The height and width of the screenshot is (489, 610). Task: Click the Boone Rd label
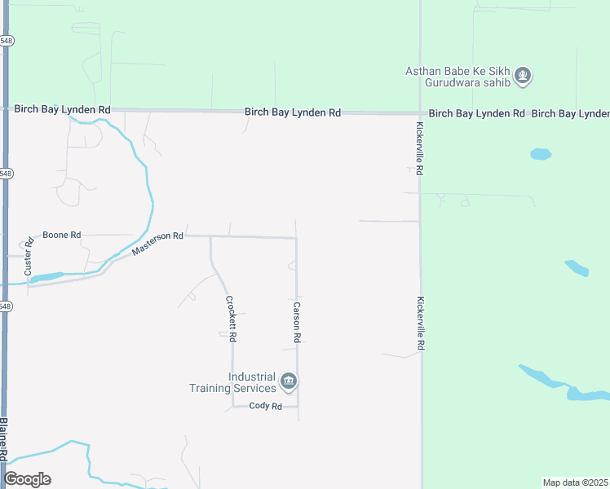click(62, 235)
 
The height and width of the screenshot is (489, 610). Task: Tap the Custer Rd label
click(28, 254)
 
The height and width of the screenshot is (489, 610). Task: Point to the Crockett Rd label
click(231, 318)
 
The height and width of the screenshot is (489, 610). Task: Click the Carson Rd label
click(298, 322)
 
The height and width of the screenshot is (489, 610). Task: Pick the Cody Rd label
click(265, 406)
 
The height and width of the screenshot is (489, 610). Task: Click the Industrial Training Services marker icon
click(289, 381)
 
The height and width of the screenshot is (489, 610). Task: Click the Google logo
click(27, 478)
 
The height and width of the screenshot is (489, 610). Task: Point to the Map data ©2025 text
click(576, 482)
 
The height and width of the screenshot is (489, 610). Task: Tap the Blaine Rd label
click(4, 440)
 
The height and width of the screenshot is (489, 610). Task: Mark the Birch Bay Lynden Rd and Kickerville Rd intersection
click(420, 112)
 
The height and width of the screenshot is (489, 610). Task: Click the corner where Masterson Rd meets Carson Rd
click(296, 238)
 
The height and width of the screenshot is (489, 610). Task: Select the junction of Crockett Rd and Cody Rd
click(233, 406)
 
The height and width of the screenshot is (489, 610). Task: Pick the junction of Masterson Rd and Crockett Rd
click(211, 237)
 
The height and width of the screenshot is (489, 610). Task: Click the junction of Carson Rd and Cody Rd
click(298, 406)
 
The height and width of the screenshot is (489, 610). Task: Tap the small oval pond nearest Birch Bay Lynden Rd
click(541, 153)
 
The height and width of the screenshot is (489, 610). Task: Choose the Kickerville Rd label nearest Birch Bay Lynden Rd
click(419, 149)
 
